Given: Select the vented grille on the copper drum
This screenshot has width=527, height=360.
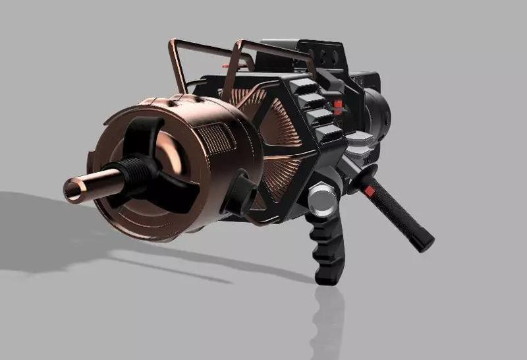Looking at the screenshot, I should coord(214,138).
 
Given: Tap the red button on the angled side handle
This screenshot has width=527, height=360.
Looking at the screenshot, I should coord(370,191).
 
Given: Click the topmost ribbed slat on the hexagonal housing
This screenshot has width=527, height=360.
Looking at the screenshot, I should coord(304,86).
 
